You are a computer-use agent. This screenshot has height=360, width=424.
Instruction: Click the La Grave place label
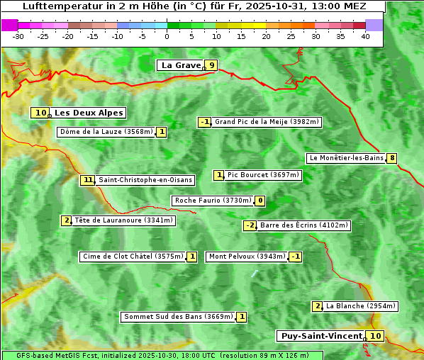182,65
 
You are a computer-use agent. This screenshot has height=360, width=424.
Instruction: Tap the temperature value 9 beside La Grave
211,65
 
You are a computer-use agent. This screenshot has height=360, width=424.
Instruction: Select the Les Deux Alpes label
89,113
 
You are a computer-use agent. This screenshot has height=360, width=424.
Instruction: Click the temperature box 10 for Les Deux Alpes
40,113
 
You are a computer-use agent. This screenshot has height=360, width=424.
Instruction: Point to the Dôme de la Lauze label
106,132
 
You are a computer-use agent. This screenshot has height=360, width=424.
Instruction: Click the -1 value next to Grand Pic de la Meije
205,122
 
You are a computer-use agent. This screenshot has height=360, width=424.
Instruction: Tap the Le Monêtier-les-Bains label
346,158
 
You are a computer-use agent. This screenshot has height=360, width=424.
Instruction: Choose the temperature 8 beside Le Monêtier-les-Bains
391,158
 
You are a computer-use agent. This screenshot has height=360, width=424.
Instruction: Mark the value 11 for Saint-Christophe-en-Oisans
88,180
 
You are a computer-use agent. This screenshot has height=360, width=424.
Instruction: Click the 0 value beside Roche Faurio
260,201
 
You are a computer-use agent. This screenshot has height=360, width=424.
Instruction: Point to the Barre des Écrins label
303,225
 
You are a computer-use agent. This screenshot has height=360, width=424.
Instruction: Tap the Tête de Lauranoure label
123,220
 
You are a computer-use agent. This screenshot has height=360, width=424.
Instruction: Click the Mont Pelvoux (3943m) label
247,257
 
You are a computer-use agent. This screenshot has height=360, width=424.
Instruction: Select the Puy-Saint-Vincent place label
321,336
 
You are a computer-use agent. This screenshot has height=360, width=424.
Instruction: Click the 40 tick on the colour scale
365,35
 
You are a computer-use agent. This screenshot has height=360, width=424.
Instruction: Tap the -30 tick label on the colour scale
18,35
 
